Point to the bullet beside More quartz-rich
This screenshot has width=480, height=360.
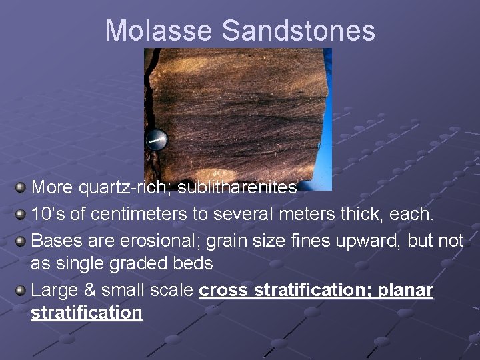pyautogui.click(x=21, y=187)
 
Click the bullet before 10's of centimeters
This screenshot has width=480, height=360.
pyautogui.click(x=21, y=214)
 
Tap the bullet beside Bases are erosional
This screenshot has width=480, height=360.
pyautogui.click(x=21, y=240)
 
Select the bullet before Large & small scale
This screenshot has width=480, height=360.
pyautogui.click(x=21, y=290)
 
